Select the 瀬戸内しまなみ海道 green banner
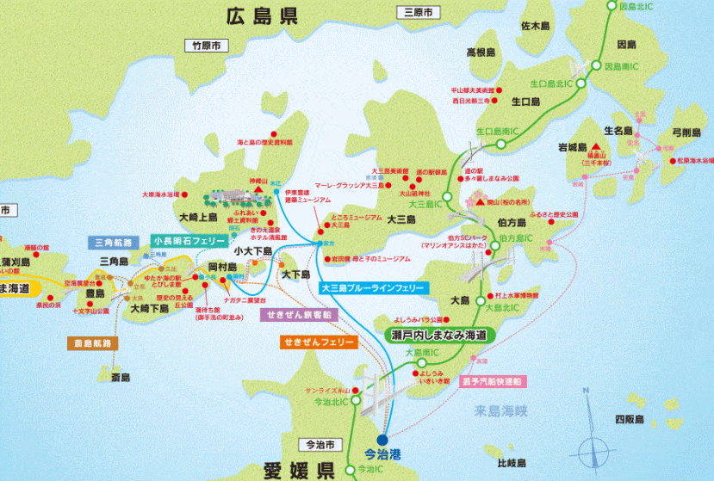point(439,334)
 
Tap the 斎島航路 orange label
point(91,343)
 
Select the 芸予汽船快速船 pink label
point(494,380)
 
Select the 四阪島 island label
point(630,420)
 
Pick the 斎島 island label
point(120,377)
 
